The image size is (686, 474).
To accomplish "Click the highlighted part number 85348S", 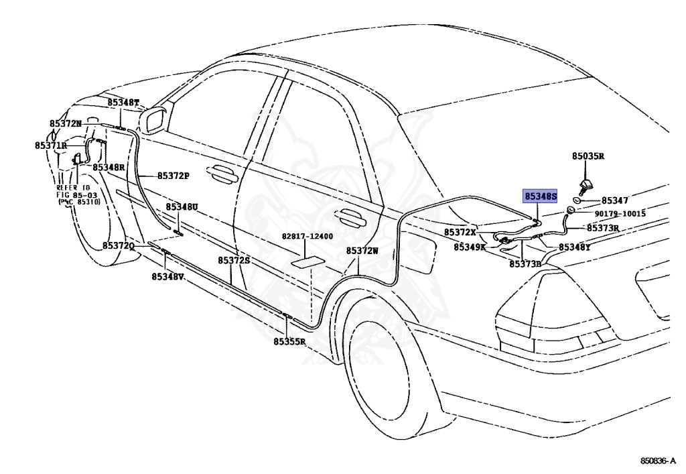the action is coord(541,196).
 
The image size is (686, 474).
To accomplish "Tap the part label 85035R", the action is coord(588,156).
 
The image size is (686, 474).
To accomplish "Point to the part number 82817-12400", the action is coord(307,237).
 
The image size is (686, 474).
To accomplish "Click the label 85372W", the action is coord(362,251).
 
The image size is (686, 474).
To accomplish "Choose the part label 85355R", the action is coord(289,341).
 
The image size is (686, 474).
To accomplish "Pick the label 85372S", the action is coord(234,260).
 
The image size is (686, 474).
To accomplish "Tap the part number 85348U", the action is coord(182,206).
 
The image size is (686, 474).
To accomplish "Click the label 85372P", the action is coord(174,176).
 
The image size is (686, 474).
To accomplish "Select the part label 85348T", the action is coord(123,103).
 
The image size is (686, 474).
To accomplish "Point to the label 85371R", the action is coord(51,145).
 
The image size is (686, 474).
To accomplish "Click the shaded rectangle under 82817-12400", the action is coord(309,261).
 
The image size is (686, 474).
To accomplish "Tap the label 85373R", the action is coord(603,228).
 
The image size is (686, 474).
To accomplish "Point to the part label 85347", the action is coord(615,200).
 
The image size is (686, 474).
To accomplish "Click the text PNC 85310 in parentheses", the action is coord(79,202).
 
